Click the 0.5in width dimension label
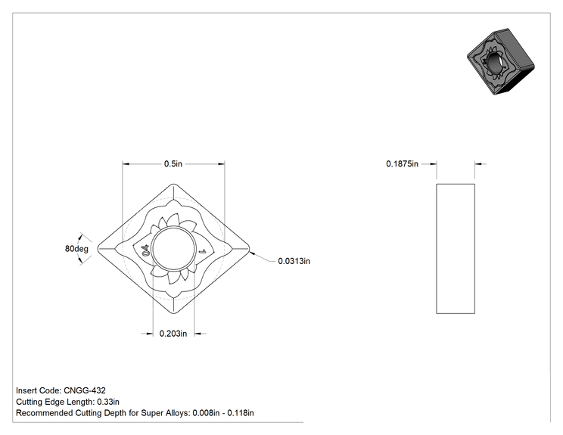pos(173,163)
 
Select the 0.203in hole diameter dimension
pos(173,334)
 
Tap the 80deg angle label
pos(76,248)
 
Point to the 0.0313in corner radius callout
pos(294,261)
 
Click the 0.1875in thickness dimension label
pos(402,163)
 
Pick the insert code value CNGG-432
pos(85,390)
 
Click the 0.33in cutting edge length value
pos(108,402)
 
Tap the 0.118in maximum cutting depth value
pos(241,413)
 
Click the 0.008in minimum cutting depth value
pos(206,413)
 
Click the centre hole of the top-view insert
pos(173,248)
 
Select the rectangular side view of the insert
pos(456,248)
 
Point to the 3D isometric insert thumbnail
pos(500,62)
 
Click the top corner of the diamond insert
pos(173,184)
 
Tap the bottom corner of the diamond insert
pos(173,313)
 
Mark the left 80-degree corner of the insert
pos(98,248)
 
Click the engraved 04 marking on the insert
pos(145,250)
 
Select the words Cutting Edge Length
pos(54,402)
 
